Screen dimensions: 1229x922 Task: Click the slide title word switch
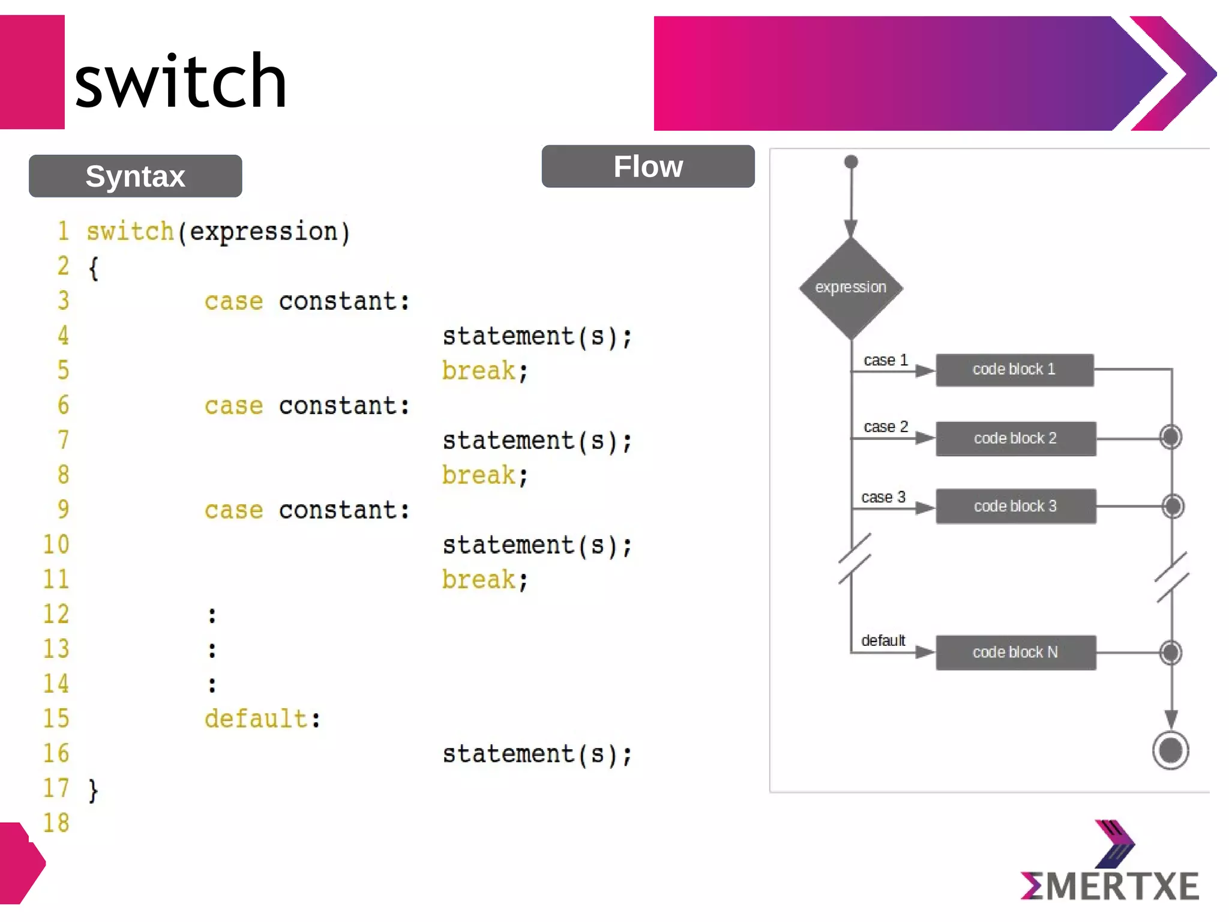pos(180,81)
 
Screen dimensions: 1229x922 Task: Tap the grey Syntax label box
pos(135,176)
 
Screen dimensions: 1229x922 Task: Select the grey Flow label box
pos(648,166)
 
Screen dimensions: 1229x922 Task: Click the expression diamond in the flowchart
pos(850,288)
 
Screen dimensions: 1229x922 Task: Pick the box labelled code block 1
pos(1014,370)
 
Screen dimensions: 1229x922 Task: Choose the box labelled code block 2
pos(1015,439)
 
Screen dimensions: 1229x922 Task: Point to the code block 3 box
pos(1015,507)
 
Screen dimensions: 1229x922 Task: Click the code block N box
pos(1015,652)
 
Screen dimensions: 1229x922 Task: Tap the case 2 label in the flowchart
pos(886,427)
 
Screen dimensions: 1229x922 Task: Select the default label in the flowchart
pos(883,640)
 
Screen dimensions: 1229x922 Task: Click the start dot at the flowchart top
pos(851,162)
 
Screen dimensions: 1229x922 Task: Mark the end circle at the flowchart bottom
pos(1170,750)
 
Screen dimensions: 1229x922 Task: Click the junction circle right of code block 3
pos(1171,506)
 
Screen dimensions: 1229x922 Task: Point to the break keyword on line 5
pos(479,371)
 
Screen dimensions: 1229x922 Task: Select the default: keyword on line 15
pos(262,719)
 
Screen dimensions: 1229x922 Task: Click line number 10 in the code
pos(56,545)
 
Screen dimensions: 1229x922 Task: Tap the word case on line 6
pos(233,406)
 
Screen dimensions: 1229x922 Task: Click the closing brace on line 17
pos(93,790)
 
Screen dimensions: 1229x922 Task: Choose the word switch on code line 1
pos(130,232)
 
